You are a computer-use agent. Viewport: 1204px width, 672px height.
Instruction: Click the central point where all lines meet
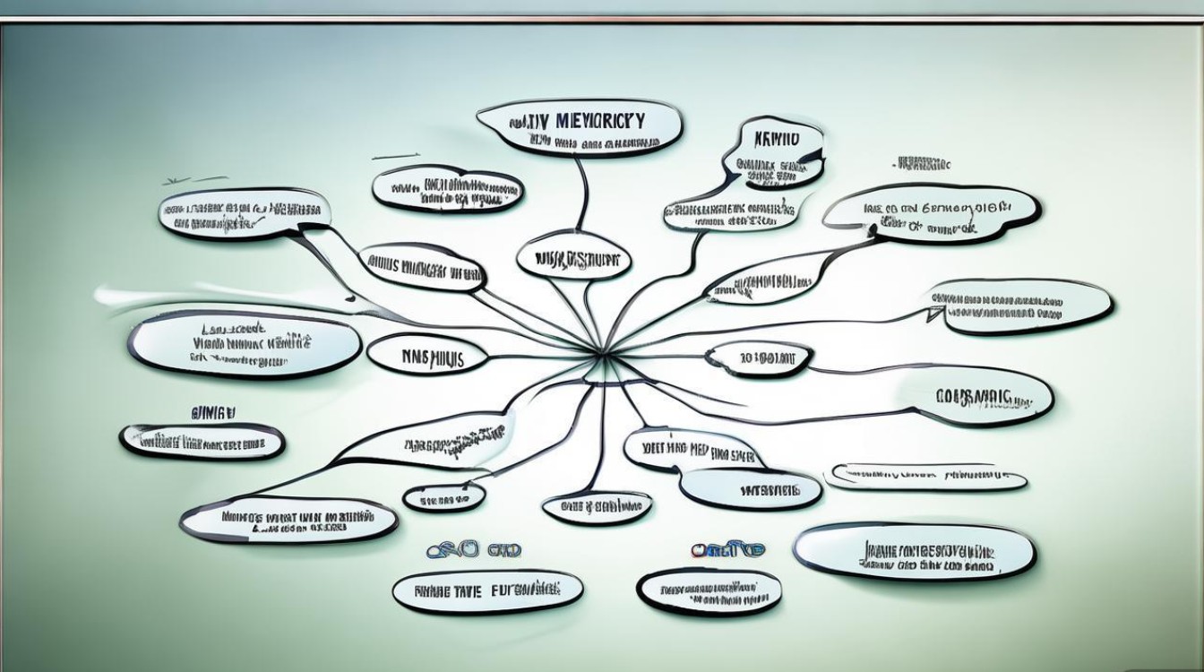pos(602,356)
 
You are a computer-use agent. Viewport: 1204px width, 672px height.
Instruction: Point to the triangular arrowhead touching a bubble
pos(935,313)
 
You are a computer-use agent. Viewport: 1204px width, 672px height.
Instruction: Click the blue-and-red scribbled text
pos(727,549)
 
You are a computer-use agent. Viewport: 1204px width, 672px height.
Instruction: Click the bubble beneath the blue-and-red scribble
pos(708,591)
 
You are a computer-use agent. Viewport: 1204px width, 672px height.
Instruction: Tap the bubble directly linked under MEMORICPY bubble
pos(574,260)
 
